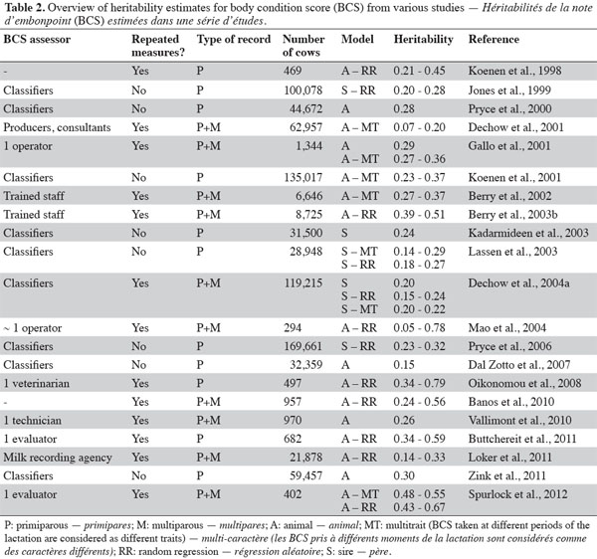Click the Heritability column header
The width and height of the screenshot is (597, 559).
pos(424,40)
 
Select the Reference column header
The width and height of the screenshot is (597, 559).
pos(494,39)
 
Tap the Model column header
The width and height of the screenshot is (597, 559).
pos(357,39)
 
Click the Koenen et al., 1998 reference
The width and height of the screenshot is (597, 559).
pos(514,71)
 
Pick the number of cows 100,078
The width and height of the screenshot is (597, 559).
pos(303,91)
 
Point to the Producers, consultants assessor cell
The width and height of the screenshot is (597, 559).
pos(57,127)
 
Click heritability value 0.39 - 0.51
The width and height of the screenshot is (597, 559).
pos(419,215)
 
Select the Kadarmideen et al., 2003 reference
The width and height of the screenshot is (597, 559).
pos(528,233)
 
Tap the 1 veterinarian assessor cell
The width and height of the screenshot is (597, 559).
pos(37,383)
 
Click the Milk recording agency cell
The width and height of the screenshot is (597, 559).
pos(58,458)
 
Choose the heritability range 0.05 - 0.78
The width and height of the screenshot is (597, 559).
pos(419,328)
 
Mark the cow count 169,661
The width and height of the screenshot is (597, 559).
pos(303,346)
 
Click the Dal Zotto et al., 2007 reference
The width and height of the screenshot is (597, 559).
pos(519,365)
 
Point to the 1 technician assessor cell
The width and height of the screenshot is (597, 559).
pos(33,421)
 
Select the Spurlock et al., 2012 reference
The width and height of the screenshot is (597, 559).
pos(517,494)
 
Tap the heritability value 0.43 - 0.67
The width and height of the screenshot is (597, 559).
pos(419,507)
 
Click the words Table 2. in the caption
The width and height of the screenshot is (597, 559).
pos(25,7)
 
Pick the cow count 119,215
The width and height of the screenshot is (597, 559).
pos(303,283)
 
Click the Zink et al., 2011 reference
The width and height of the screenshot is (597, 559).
pos(506,475)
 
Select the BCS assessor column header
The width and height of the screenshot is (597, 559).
pos(37,39)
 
